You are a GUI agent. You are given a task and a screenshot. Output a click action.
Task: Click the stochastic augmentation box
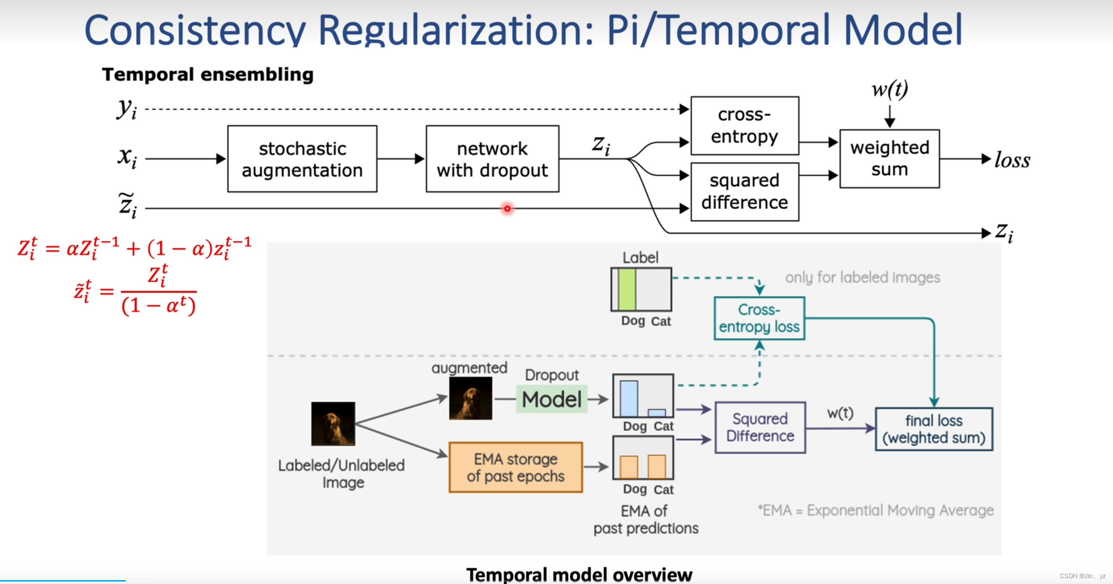pyautogui.click(x=302, y=159)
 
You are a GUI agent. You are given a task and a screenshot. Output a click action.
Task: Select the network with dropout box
pyautogui.click(x=492, y=159)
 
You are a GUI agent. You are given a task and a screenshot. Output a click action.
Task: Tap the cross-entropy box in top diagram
pyautogui.click(x=744, y=126)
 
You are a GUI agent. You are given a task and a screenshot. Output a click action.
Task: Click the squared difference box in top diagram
pyautogui.click(x=744, y=192)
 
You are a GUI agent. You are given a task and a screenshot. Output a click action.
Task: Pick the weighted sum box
pyautogui.click(x=889, y=159)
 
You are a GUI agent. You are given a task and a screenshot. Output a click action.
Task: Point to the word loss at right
pyautogui.click(x=1012, y=160)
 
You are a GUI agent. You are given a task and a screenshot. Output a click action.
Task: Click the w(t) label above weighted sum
pyautogui.click(x=890, y=90)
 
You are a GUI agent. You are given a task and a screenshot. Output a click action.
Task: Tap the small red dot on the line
pyautogui.click(x=507, y=208)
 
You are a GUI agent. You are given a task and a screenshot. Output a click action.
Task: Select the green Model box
pyautogui.click(x=551, y=399)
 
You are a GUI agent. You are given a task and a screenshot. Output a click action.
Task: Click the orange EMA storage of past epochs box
pyautogui.click(x=515, y=468)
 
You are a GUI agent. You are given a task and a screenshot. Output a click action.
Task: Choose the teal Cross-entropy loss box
pyautogui.click(x=759, y=318)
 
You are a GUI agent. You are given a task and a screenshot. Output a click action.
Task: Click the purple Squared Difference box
pyautogui.click(x=760, y=428)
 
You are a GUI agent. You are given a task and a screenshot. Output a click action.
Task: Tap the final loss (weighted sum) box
pyautogui.click(x=934, y=429)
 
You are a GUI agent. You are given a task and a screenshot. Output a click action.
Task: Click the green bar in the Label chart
pyautogui.click(x=627, y=289)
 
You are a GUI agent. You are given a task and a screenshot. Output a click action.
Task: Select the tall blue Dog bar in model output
pyautogui.click(x=629, y=398)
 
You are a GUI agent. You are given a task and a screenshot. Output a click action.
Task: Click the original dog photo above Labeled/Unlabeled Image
pyautogui.click(x=333, y=423)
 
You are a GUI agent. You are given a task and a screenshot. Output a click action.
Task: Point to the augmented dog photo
pyautogui.click(x=470, y=398)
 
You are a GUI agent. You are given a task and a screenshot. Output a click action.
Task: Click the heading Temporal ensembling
pyautogui.click(x=208, y=75)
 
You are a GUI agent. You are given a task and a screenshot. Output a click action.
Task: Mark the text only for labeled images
pyautogui.click(x=862, y=278)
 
